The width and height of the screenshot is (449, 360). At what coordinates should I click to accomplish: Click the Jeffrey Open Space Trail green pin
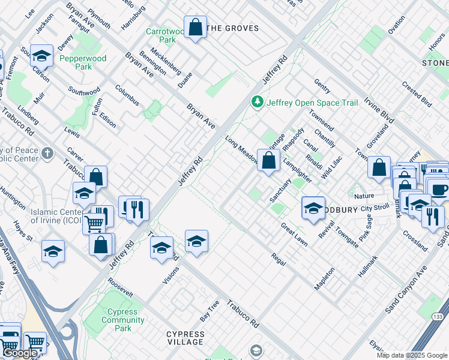(x=258, y=103)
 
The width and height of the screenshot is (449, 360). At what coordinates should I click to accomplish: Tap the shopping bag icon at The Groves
(x=195, y=28)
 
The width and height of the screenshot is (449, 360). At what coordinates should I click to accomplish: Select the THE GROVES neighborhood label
(x=233, y=28)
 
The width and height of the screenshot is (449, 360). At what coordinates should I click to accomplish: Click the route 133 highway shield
(x=440, y=316)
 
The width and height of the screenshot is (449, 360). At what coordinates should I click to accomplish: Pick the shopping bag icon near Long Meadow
(x=268, y=160)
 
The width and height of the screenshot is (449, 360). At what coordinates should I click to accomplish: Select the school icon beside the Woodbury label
(x=313, y=208)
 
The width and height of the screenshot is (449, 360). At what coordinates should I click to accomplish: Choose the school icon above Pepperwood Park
(x=41, y=56)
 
